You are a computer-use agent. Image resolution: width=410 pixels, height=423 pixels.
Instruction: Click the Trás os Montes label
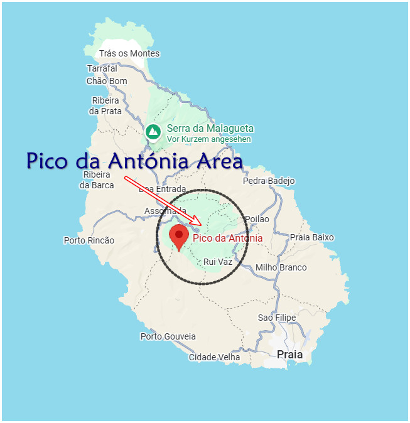coord(129,54)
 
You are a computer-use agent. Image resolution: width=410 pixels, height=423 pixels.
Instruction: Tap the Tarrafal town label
coord(102,68)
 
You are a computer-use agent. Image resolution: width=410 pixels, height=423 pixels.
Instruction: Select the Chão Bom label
coord(106,81)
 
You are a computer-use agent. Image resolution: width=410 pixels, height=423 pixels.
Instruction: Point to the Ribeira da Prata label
coord(105,105)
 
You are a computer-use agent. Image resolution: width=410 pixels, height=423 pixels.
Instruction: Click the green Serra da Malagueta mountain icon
coord(153,132)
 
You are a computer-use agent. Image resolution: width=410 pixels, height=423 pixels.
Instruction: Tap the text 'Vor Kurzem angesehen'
coord(209,139)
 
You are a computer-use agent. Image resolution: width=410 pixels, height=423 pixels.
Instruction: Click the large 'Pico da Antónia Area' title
coord(134,161)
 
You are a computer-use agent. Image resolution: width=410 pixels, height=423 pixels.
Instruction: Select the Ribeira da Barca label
coord(97,179)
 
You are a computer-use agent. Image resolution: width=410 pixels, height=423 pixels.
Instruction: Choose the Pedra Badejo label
coord(269,181)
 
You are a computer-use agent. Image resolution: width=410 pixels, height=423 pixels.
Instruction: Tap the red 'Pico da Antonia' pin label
coord(227,238)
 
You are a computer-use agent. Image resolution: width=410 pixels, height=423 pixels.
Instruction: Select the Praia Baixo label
coord(311,237)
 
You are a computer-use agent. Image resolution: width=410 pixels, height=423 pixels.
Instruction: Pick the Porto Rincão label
coord(89,240)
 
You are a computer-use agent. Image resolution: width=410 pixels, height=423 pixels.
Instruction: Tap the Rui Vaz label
coord(218,261)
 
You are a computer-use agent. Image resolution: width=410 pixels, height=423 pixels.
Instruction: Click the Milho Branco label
coord(281,267)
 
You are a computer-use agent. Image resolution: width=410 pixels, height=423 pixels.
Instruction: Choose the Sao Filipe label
coord(277,318)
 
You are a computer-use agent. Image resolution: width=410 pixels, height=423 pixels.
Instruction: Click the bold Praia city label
coord(289,355)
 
